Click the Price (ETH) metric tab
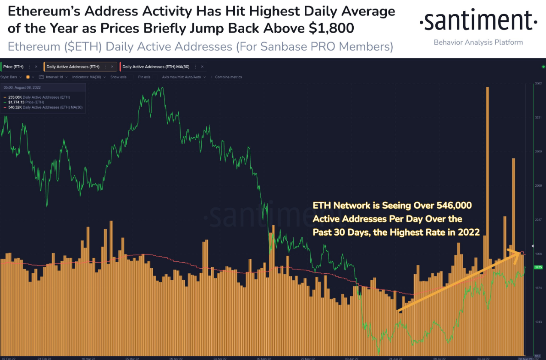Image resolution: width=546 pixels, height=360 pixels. [x=13, y=67]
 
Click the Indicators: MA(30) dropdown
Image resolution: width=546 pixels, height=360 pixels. [x=88, y=77]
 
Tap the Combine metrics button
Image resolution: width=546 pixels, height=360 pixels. [x=228, y=77]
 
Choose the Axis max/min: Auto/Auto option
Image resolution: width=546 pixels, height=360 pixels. [x=182, y=77]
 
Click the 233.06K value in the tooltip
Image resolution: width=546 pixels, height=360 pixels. [x=15, y=97]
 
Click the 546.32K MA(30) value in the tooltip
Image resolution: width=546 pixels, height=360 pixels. [x=15, y=107]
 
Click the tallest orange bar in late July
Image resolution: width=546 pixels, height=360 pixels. [x=487, y=172]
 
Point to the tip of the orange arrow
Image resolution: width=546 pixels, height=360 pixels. [x=521, y=254]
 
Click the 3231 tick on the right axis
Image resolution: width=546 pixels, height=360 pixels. [x=538, y=117]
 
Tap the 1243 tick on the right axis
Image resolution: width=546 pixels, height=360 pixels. [x=538, y=322]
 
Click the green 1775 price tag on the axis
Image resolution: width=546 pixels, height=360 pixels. [x=538, y=267]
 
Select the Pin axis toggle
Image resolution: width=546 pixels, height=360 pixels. [x=144, y=77]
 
